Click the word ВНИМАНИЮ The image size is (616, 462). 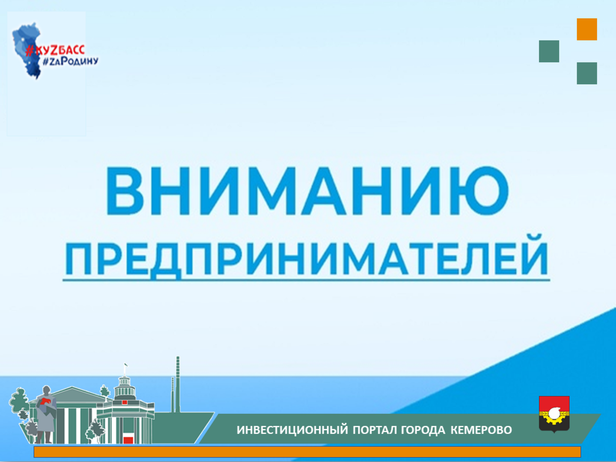pyautogui.click(x=307, y=191)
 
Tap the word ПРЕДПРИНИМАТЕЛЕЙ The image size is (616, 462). pyautogui.click(x=306, y=257)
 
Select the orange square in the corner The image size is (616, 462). pyautogui.click(x=587, y=30)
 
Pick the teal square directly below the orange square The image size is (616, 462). pyautogui.click(x=587, y=73)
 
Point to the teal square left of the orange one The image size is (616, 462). pyautogui.click(x=549, y=51)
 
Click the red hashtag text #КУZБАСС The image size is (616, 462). pyautogui.click(x=55, y=50)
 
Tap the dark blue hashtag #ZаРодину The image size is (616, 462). pyautogui.click(x=71, y=61)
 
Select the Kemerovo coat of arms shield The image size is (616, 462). pyautogui.click(x=554, y=414)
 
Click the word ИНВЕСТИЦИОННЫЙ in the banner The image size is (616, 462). pyautogui.click(x=292, y=430)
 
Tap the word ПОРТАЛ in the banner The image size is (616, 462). pyautogui.click(x=374, y=430)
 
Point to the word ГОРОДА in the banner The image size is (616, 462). pyautogui.click(x=423, y=430)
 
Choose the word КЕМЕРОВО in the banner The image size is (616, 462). pyautogui.click(x=481, y=430)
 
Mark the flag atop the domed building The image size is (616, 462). pyautogui.click(x=126, y=365)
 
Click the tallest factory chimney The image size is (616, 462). pyautogui.click(x=178, y=385)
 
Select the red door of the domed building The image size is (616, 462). pyautogui.click(x=128, y=439)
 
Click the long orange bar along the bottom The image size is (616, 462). pyautogui.click(x=307, y=452)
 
